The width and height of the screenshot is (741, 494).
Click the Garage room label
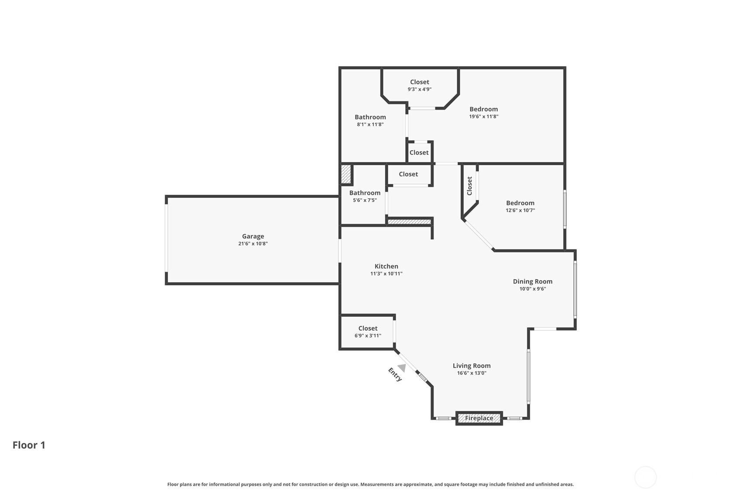(x=253, y=236)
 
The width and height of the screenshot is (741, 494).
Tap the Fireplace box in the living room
(x=479, y=418)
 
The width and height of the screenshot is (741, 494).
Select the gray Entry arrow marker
(x=402, y=368)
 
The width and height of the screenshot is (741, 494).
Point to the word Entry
(x=395, y=374)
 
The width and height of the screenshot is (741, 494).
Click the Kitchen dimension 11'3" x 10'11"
(x=386, y=274)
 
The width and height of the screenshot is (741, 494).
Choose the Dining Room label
(x=532, y=281)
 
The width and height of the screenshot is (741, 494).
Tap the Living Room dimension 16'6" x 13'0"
(x=471, y=373)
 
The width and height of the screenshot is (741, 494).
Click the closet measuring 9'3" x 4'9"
(x=419, y=85)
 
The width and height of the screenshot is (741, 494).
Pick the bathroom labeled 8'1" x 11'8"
(x=370, y=120)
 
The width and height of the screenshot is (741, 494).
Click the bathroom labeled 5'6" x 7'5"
(x=365, y=196)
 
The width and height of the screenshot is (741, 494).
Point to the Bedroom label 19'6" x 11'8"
(x=483, y=112)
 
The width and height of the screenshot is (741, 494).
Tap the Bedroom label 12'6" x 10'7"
(x=520, y=206)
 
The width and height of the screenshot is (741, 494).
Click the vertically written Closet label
(x=469, y=186)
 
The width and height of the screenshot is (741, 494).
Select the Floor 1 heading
(x=29, y=445)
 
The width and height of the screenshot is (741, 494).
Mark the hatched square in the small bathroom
(x=345, y=174)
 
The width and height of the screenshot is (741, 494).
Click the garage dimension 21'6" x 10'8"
(x=253, y=244)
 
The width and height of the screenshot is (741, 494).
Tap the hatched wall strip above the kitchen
(x=409, y=222)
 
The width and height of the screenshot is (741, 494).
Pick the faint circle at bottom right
(x=645, y=477)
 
